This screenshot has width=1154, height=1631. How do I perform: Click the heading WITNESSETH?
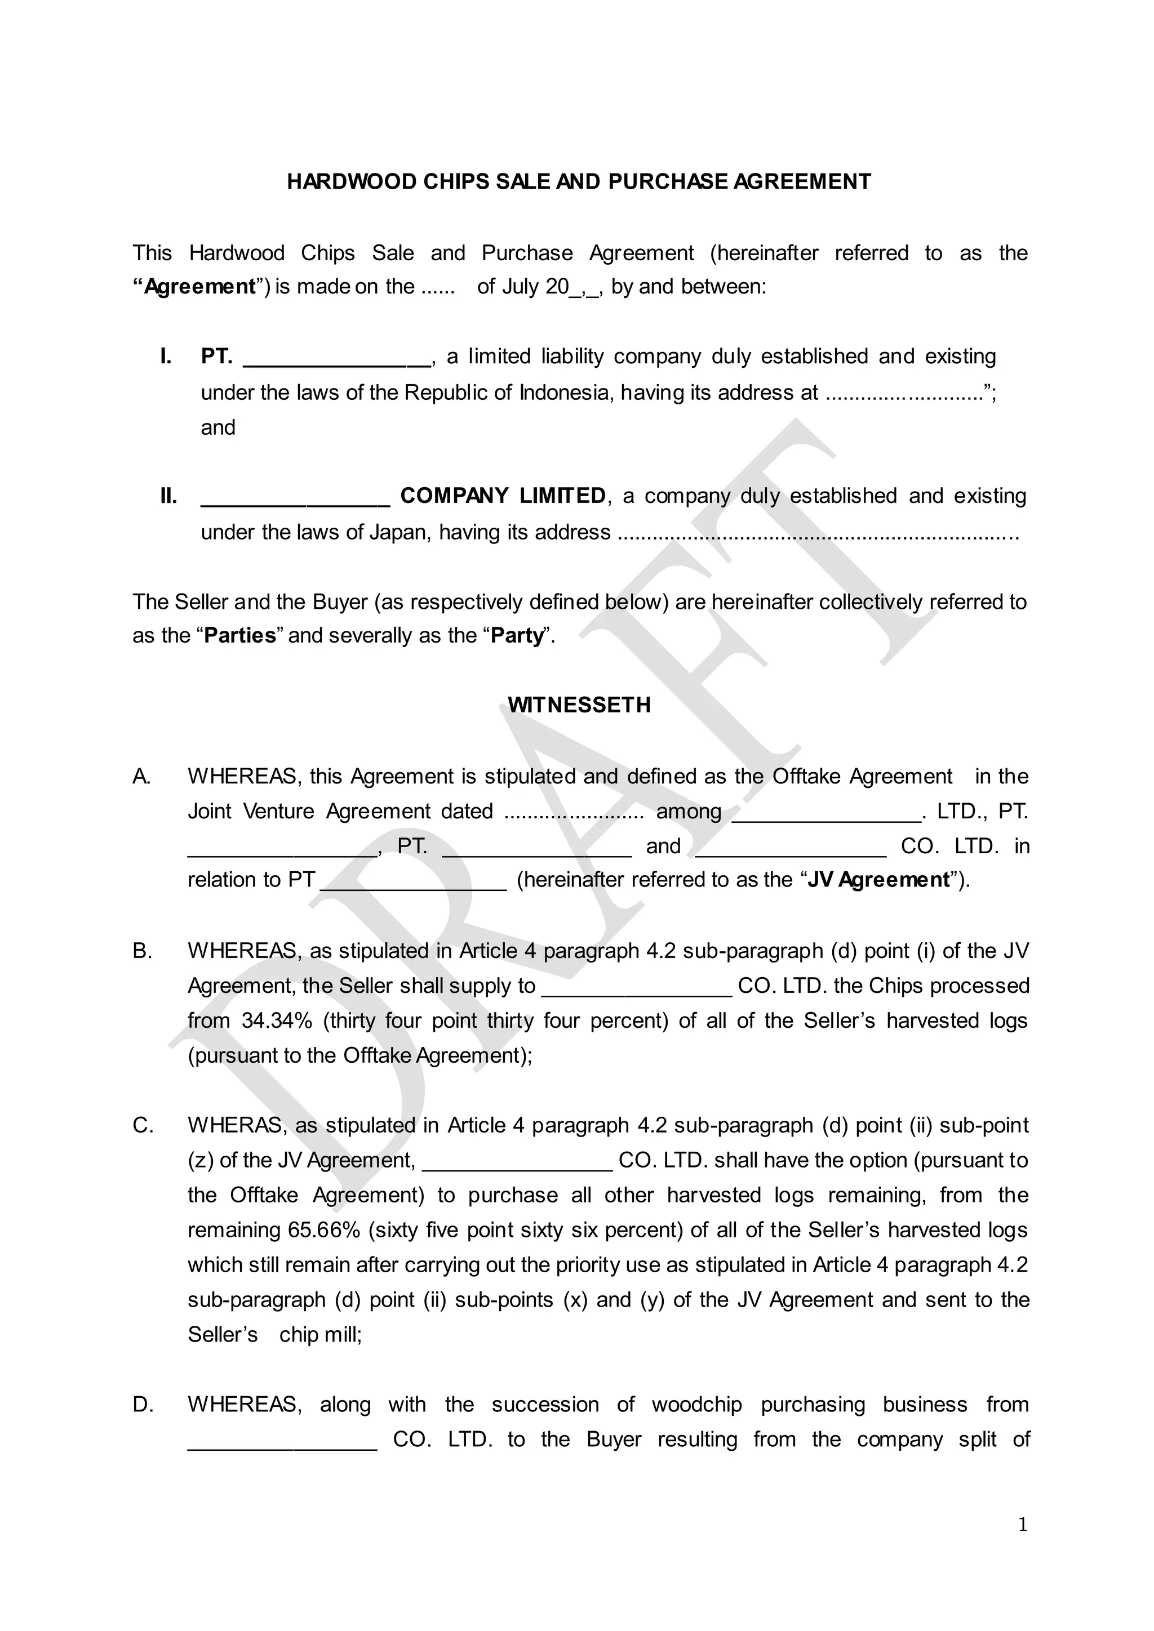tap(579, 705)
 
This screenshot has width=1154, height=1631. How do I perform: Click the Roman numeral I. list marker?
tap(166, 356)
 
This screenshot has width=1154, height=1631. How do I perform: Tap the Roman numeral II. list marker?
tap(168, 496)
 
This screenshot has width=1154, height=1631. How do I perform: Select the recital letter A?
tap(141, 777)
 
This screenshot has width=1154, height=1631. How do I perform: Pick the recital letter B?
tap(142, 951)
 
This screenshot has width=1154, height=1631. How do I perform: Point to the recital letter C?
tap(143, 1125)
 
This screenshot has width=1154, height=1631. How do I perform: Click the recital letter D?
tap(143, 1405)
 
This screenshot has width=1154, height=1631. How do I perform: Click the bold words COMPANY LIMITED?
tap(503, 496)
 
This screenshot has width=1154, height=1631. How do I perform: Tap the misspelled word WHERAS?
tap(237, 1125)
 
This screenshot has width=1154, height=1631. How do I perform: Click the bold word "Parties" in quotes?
tap(240, 635)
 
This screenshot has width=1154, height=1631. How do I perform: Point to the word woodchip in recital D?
tap(696, 1405)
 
